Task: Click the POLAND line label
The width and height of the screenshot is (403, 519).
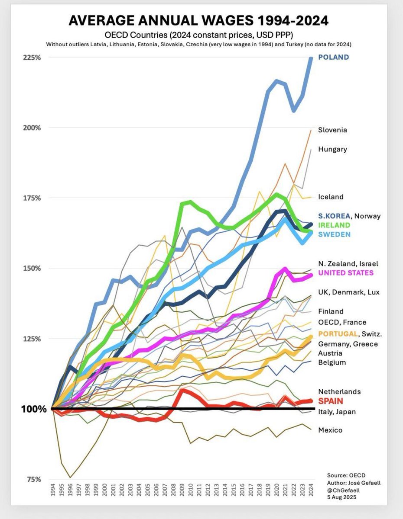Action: click(x=333, y=57)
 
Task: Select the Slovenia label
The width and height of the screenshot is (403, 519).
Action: click(x=332, y=130)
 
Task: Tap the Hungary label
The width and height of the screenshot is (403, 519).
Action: click(x=332, y=149)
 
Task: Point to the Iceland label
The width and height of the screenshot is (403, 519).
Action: click(x=331, y=197)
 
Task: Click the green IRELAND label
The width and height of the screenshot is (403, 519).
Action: click(x=334, y=225)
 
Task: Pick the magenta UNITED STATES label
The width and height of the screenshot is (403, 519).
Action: click(x=346, y=272)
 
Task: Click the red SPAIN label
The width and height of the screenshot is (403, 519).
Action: click(x=331, y=401)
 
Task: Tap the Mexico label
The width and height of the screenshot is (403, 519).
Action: click(x=330, y=430)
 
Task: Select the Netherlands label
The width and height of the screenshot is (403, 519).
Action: click(x=339, y=391)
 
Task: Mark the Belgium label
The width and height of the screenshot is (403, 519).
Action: click(x=332, y=362)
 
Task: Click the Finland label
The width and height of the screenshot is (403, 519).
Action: click(x=331, y=311)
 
